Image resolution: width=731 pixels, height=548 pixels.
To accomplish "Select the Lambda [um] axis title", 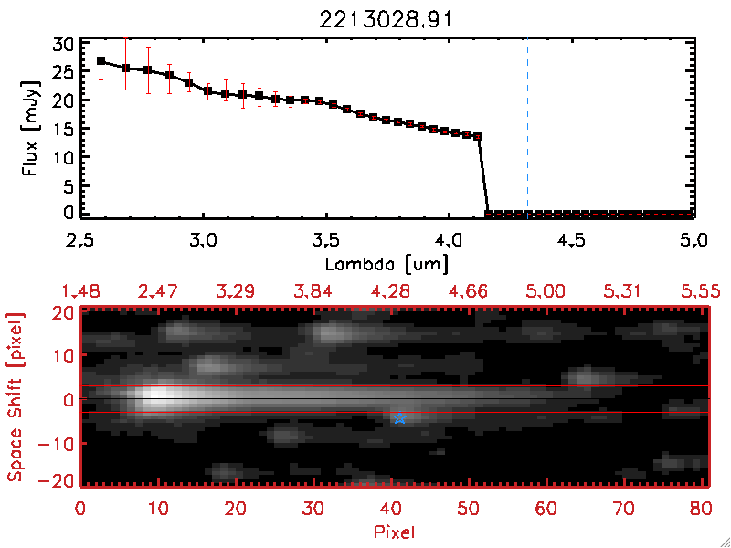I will [x=387, y=264].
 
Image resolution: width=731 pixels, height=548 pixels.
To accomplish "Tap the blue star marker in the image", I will [x=399, y=417].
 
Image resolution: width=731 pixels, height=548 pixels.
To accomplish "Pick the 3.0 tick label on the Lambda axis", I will [x=202, y=241].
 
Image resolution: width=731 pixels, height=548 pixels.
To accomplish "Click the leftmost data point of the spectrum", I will [x=101, y=61].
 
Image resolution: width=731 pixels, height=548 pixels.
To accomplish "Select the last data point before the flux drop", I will [x=477, y=136].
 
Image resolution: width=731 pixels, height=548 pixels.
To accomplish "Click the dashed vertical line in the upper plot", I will [x=527, y=128].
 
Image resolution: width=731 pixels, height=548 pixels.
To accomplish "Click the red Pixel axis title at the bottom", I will [x=396, y=530].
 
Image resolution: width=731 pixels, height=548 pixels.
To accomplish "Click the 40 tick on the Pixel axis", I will [x=392, y=505].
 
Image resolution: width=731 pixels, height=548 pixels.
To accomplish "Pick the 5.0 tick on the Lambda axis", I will [x=694, y=241].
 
